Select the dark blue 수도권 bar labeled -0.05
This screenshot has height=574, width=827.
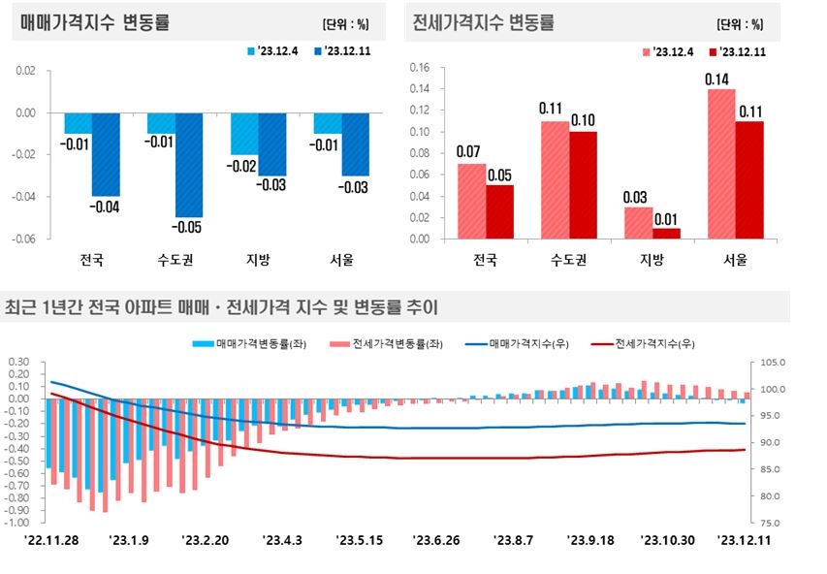point(189,165)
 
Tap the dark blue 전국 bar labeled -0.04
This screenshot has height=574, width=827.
point(105,154)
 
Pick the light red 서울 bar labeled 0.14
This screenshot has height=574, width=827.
point(721,164)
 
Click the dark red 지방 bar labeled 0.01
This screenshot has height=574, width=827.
point(666,233)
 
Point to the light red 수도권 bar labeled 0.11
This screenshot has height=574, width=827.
point(554,179)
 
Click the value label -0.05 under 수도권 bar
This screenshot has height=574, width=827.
point(190,227)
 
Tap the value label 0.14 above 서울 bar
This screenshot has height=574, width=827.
point(720,80)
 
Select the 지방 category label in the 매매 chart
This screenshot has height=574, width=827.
point(258,259)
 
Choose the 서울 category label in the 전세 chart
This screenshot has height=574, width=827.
point(735,259)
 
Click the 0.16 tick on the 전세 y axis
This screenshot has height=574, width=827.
point(419,68)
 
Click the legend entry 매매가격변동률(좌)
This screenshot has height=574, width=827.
point(250,343)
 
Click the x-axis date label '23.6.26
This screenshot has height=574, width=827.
point(441,540)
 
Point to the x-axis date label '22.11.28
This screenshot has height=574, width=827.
point(52,540)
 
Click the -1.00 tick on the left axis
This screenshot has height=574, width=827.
point(18,523)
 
